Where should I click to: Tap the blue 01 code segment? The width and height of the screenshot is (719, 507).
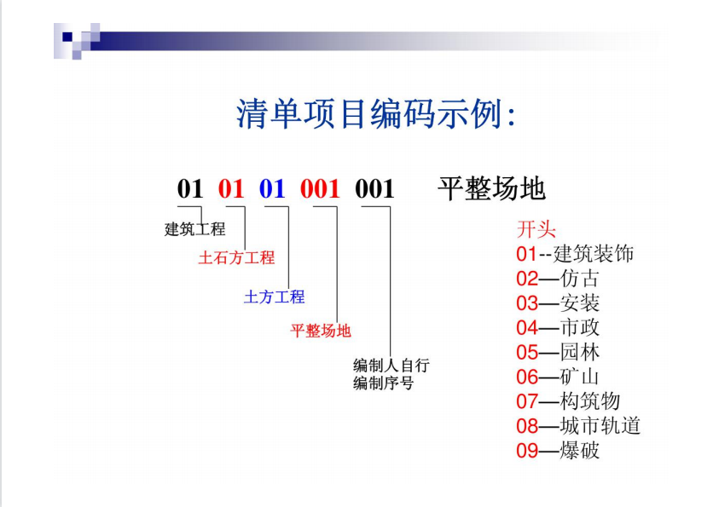[272, 188]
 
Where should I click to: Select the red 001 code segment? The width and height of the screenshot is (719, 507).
[320, 188]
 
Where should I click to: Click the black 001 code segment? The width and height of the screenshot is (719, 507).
[374, 188]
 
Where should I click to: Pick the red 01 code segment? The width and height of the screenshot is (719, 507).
[231, 188]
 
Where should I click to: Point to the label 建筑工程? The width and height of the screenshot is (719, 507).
[194, 229]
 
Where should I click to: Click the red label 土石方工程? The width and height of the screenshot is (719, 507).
[236, 258]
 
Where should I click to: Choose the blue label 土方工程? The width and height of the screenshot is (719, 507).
[275, 297]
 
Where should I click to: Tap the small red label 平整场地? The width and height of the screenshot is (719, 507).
[321, 331]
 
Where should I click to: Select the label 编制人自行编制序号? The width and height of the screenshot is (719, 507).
[391, 374]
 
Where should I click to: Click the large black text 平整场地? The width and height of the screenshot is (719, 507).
[491, 188]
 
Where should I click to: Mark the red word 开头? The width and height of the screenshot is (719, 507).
[536, 229]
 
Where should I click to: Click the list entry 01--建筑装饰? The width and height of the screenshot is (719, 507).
[575, 254]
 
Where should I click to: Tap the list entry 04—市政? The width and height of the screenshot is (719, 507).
[558, 328]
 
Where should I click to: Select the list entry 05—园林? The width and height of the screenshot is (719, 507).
[558, 352]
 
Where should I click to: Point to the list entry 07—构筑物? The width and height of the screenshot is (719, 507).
[568, 401]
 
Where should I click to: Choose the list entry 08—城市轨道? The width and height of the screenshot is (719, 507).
[578, 426]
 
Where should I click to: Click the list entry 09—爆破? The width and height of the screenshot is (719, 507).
[558, 451]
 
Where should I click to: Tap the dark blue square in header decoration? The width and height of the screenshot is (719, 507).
[67, 37]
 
